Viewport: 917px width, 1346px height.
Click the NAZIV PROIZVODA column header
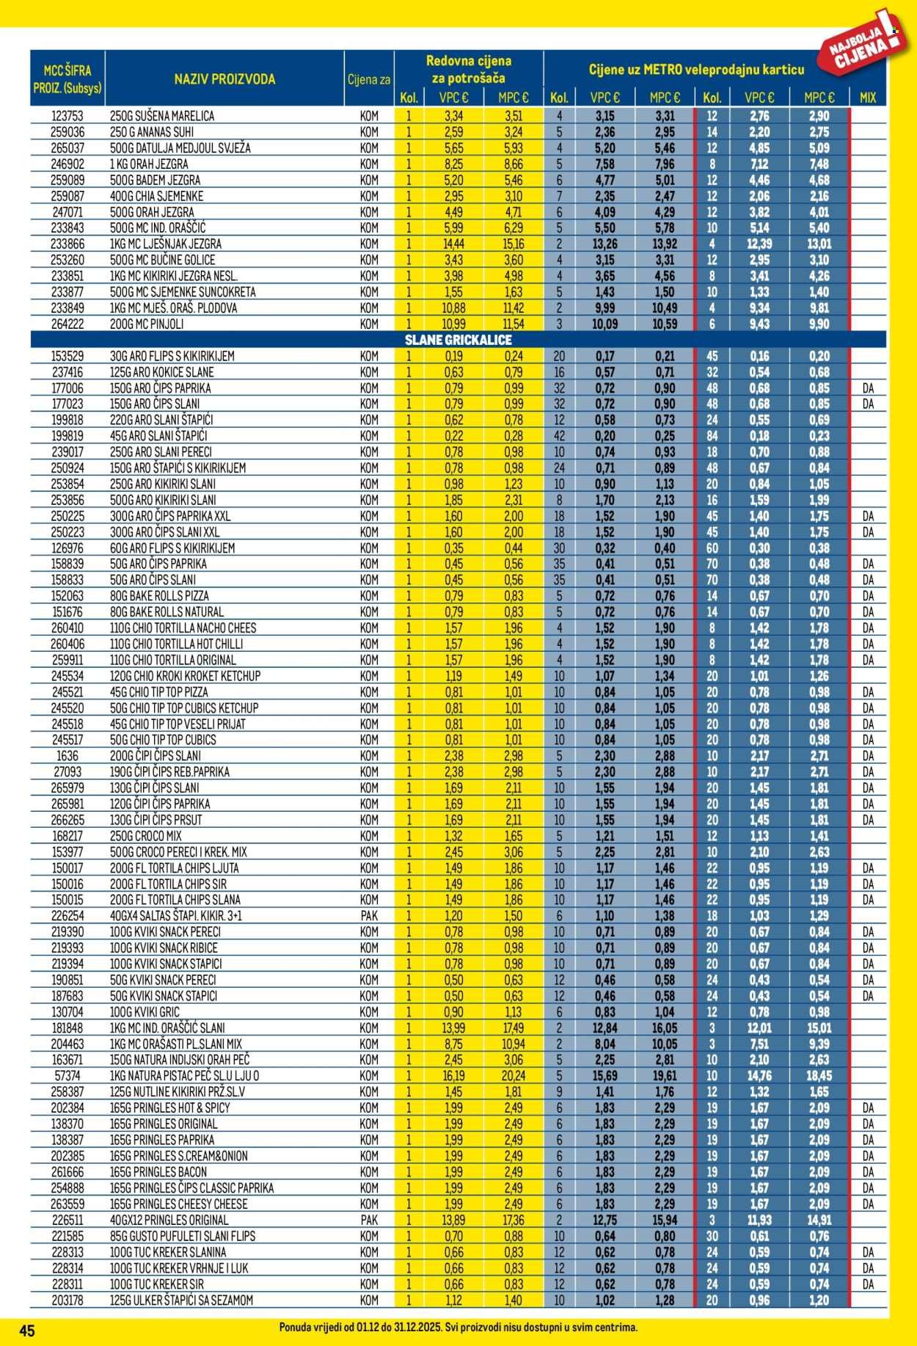pos(224,79)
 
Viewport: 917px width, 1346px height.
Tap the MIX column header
pos(867,98)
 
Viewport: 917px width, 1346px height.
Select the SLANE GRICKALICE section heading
pos(458,340)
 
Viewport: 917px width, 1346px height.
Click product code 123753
pos(67,116)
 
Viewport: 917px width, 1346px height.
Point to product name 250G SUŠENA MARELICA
pos(162,116)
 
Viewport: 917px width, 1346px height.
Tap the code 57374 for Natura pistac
pos(67,1076)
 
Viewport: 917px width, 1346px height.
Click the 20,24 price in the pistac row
pos(514,1076)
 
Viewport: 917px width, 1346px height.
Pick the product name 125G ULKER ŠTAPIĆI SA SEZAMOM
pos(181,1300)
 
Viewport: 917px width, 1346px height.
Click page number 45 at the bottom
pos(28,1331)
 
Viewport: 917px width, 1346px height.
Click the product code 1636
pos(67,756)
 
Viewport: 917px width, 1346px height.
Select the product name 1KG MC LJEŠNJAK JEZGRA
pos(166,244)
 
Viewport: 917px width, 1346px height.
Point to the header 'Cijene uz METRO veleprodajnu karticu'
pos(696,70)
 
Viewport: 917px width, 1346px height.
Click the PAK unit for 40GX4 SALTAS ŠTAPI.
pos(369,916)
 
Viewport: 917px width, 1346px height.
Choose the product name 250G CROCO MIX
pos(145,836)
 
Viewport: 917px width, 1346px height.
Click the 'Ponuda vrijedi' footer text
pos(458,1328)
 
